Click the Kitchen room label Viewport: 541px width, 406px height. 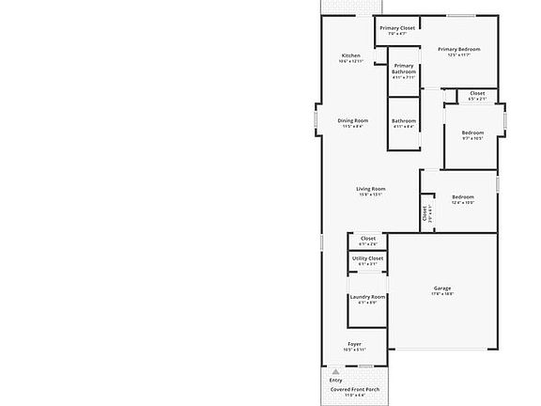point(350,55)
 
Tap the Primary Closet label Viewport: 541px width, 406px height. point(396,28)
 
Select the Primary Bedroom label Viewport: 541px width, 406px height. point(459,49)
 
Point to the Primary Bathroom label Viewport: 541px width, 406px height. point(404,69)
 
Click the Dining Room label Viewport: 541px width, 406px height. point(353,120)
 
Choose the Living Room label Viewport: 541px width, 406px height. point(371,189)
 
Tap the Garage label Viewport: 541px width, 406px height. point(442,288)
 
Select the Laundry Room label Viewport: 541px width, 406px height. point(367,297)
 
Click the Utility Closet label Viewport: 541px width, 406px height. point(367,258)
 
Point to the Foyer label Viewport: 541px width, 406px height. point(355,344)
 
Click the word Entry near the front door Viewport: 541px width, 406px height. point(335,380)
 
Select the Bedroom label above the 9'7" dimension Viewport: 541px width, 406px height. point(472,133)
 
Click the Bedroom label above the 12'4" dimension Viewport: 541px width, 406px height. point(462,196)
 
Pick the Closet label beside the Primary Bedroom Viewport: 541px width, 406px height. point(477,93)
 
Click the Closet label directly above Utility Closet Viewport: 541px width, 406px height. point(367,239)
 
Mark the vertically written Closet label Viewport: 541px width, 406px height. point(425,213)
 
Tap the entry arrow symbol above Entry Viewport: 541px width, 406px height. point(335,372)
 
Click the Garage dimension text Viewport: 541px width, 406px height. point(442,294)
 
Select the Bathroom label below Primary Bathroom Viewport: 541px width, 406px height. point(404,120)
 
